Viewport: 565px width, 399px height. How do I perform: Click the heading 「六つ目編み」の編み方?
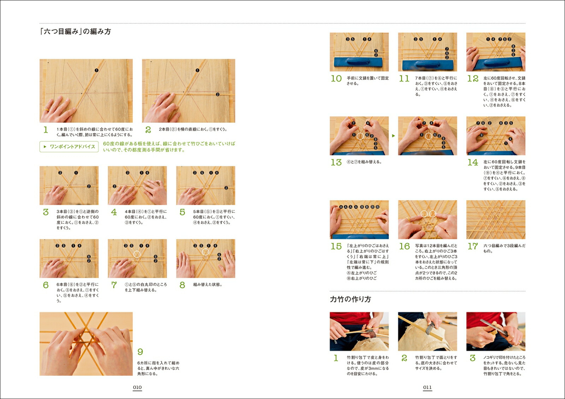click(75, 31)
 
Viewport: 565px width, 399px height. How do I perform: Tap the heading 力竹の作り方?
click(350, 299)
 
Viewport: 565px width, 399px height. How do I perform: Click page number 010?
click(137, 387)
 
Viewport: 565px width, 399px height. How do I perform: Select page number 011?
click(427, 387)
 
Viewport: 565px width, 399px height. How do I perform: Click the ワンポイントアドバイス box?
click(69, 147)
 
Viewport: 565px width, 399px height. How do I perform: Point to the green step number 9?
click(140, 352)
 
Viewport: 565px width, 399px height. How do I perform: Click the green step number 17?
click(473, 246)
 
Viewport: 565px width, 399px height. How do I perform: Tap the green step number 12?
click(473, 78)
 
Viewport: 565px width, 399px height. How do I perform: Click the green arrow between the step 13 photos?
click(393, 136)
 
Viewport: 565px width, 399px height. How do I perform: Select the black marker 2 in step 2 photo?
click(218, 94)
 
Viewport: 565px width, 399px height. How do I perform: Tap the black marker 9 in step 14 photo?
click(482, 135)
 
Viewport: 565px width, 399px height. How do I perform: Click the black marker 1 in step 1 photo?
click(97, 70)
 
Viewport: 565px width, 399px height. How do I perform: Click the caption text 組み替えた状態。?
click(208, 285)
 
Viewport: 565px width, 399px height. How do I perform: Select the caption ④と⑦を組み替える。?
click(364, 162)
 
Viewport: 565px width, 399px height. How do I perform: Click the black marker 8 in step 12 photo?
click(513, 46)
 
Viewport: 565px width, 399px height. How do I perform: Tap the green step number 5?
click(182, 212)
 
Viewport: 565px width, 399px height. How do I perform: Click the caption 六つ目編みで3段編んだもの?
click(504, 248)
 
